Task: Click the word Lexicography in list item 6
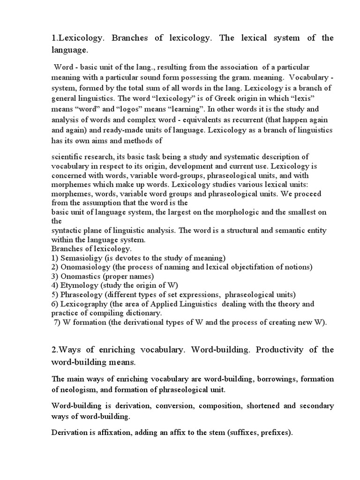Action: pos(83,304)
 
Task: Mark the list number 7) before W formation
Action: pos(59,322)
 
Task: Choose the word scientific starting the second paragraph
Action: pos(67,157)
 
